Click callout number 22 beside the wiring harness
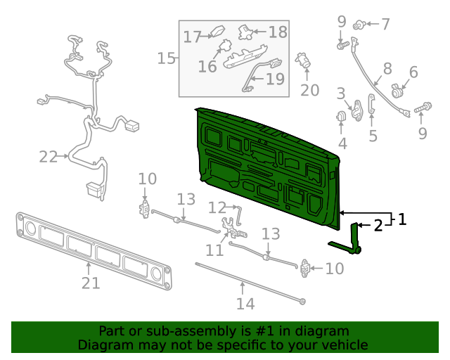pyautogui.click(x=48, y=157)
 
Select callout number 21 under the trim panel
pyautogui.click(x=91, y=283)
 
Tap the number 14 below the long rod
pyautogui.click(x=245, y=304)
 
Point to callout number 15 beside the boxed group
pyautogui.click(x=166, y=58)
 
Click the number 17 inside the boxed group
pyautogui.click(x=193, y=37)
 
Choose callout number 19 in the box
pyautogui.click(x=276, y=79)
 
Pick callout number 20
pyautogui.click(x=309, y=90)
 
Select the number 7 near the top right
pyautogui.click(x=385, y=25)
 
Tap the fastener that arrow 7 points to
pyautogui.click(x=358, y=25)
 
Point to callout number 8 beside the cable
pyautogui.click(x=387, y=69)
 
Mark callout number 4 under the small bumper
pyautogui.click(x=342, y=144)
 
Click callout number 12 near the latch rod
pyautogui.click(x=217, y=207)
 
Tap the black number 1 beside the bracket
pyautogui.click(x=401, y=219)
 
